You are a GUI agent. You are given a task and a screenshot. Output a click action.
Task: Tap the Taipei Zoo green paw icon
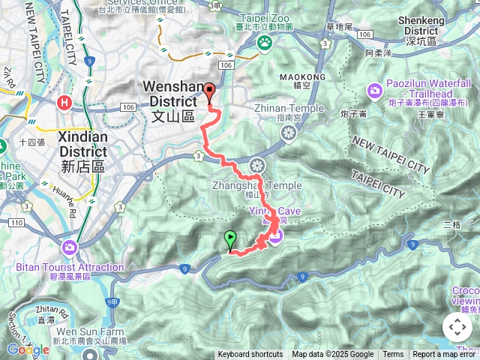pyautogui.click(x=264, y=43)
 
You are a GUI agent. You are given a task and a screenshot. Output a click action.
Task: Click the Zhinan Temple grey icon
pyautogui.click(x=289, y=133)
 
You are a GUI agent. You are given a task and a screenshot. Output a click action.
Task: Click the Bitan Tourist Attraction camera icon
pyautogui.click(x=70, y=247)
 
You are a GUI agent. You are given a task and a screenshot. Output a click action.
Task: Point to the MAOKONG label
pyautogui.click(x=302, y=77)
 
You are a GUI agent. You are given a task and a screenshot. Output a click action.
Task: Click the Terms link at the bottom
pyautogui.click(x=393, y=355)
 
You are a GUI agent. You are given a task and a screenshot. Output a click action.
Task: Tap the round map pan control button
pyautogui.click(x=457, y=327)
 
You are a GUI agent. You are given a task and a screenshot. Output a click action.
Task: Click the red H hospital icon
pyautogui.click(x=66, y=103)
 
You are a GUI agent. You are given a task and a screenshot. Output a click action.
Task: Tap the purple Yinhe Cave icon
pyautogui.click(x=276, y=237)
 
